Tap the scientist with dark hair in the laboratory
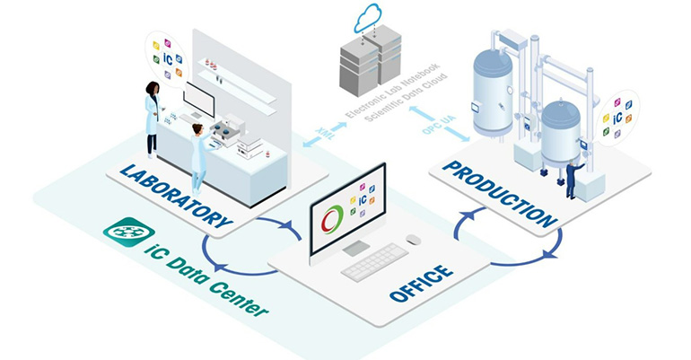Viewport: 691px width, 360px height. pos(152,118)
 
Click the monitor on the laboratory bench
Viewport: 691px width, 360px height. pos(198,101)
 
